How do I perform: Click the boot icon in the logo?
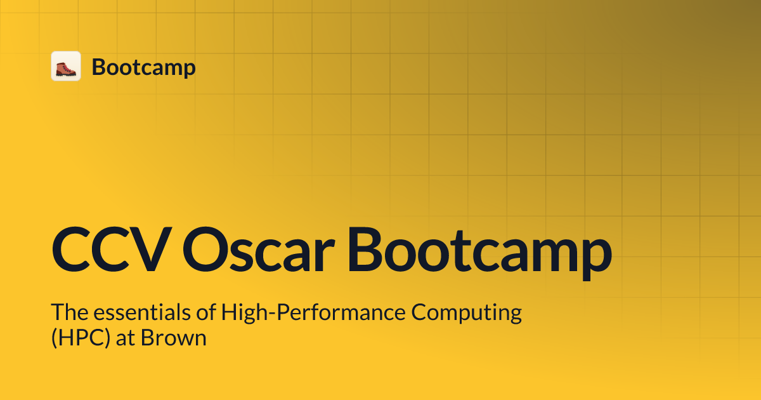(66, 66)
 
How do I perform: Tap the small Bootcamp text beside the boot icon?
(143, 67)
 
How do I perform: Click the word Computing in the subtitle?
(468, 313)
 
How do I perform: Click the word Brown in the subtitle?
(174, 338)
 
